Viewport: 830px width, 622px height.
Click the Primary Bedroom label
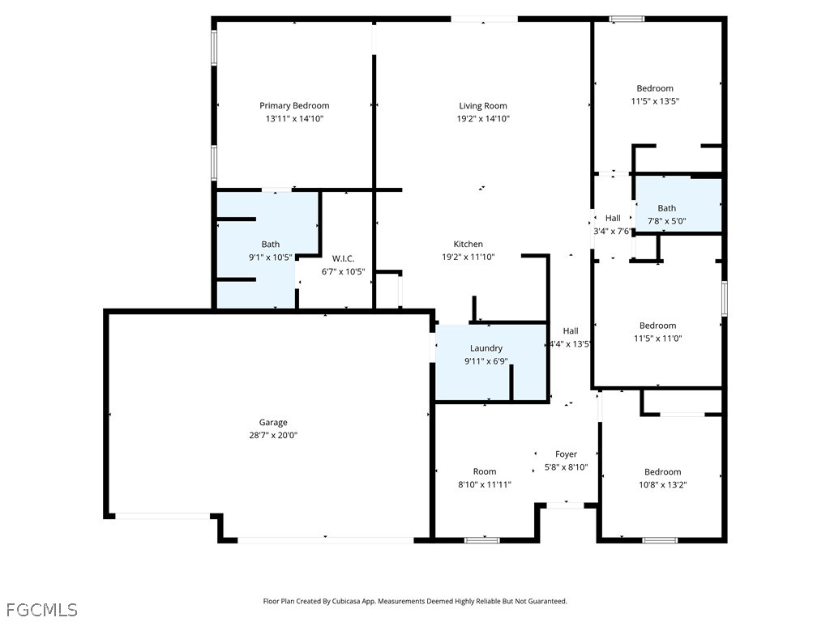coord(294,105)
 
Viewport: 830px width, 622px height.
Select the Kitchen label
coord(468,244)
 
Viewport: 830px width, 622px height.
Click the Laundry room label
coord(486,348)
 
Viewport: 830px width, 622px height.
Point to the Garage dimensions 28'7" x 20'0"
coord(273,435)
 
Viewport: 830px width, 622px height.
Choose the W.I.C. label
coord(343,258)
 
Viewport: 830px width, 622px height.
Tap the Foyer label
coord(566,454)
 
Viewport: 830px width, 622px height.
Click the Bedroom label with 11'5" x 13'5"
coord(654,88)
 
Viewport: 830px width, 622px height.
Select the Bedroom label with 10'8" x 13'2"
coord(662,472)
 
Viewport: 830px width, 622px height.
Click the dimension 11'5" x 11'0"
coord(657,339)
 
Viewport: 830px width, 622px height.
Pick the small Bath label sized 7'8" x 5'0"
coord(666,208)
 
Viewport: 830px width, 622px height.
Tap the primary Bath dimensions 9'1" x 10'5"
coord(270,257)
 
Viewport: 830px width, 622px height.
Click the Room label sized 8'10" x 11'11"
coord(485,471)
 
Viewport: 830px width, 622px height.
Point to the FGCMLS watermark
coord(41,609)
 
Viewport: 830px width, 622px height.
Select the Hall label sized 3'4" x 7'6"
coord(613,218)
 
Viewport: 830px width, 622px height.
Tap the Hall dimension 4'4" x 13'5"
coord(571,343)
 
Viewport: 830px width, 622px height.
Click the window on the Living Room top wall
coord(484,19)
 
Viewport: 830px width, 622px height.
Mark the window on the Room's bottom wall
coord(482,539)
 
